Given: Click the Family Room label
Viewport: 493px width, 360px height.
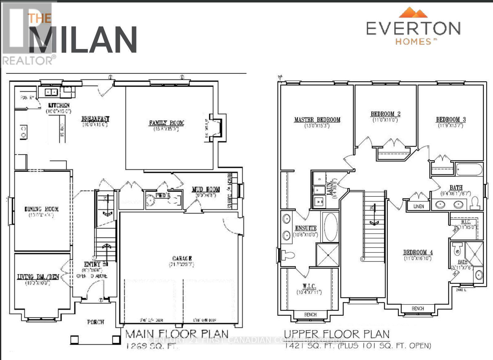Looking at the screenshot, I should [x=166, y=123].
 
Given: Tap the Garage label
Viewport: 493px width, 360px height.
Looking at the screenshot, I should [x=182, y=258].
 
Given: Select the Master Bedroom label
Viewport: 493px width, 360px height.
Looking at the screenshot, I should [x=317, y=120].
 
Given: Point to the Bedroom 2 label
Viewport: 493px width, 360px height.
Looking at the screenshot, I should [x=385, y=114].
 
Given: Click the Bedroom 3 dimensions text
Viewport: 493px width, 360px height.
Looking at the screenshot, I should [x=450, y=125].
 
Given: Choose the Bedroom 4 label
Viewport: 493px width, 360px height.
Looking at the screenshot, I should [x=418, y=252].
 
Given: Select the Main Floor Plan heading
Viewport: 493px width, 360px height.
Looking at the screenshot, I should [x=177, y=334].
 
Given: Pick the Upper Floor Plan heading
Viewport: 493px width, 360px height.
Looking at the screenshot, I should [x=336, y=334].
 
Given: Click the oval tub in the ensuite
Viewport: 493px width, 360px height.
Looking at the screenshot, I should [x=331, y=227].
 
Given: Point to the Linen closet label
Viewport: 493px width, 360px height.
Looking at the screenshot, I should [x=418, y=206].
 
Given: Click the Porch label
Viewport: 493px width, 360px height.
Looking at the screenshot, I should [x=96, y=322].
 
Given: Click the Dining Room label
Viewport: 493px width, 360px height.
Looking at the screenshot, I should [x=42, y=209].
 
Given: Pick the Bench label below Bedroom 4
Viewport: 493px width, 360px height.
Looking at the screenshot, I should [x=418, y=309].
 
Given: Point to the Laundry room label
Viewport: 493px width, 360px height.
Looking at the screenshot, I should [x=329, y=186].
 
